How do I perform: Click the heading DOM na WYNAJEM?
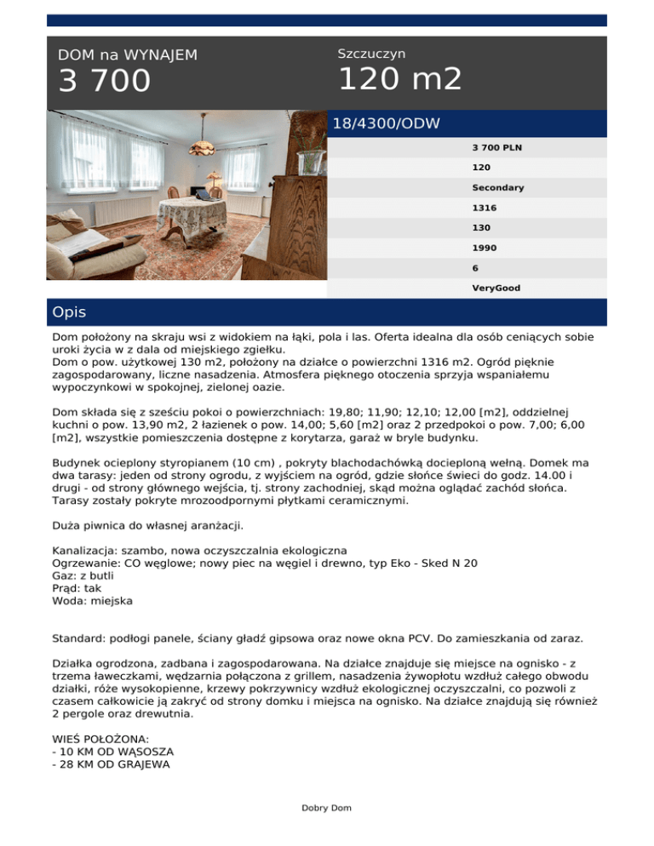(x=128, y=55)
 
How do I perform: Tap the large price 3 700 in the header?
(x=104, y=82)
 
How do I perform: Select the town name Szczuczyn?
(x=371, y=54)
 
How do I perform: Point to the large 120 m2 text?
(x=400, y=79)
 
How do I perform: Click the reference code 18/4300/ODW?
(x=387, y=124)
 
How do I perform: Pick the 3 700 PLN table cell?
(x=497, y=147)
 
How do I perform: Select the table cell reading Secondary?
(x=498, y=187)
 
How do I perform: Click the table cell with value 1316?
(x=485, y=208)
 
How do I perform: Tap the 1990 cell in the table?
(x=485, y=248)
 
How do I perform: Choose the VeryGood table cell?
(x=496, y=289)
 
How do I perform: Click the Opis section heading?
(x=69, y=312)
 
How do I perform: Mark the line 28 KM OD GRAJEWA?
(x=111, y=764)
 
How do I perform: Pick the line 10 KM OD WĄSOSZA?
(x=112, y=752)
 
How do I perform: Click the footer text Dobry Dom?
(x=326, y=808)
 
